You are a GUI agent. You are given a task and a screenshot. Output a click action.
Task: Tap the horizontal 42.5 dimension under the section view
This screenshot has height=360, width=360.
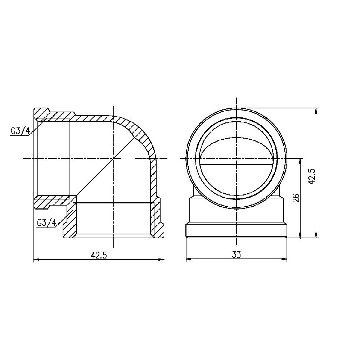click(x=99, y=255)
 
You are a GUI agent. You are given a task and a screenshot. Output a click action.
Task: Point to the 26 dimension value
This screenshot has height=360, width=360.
click(x=296, y=198)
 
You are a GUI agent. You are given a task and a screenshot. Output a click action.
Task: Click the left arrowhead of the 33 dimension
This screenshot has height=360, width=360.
click(x=188, y=259)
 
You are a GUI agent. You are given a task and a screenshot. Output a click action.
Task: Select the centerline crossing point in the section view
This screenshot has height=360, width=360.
click(x=113, y=158)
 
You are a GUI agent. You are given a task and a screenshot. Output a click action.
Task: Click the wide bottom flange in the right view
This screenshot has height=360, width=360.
click(x=236, y=231)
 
